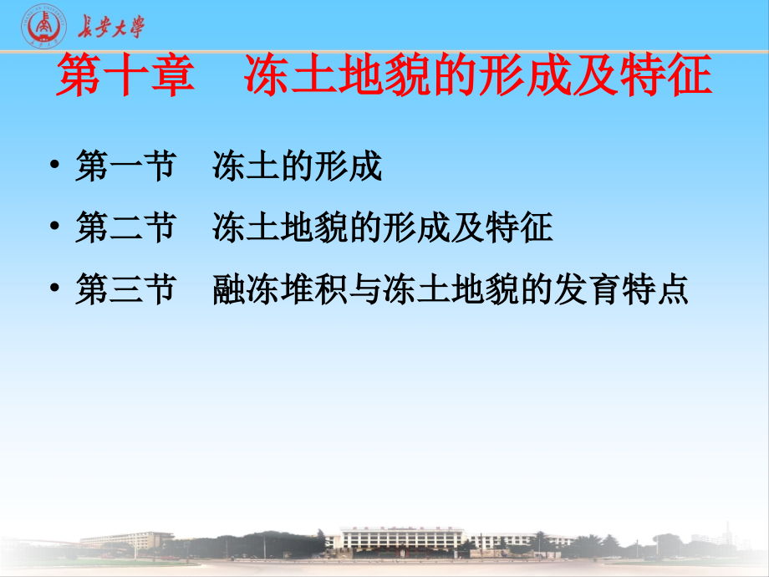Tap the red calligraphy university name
110,28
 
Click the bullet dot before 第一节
55,168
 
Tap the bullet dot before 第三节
55,290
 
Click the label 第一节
125,167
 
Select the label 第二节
125,228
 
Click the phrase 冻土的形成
298,167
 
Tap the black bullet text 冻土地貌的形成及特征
383,228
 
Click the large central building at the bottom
393,539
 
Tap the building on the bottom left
125,540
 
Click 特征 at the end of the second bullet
519,228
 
